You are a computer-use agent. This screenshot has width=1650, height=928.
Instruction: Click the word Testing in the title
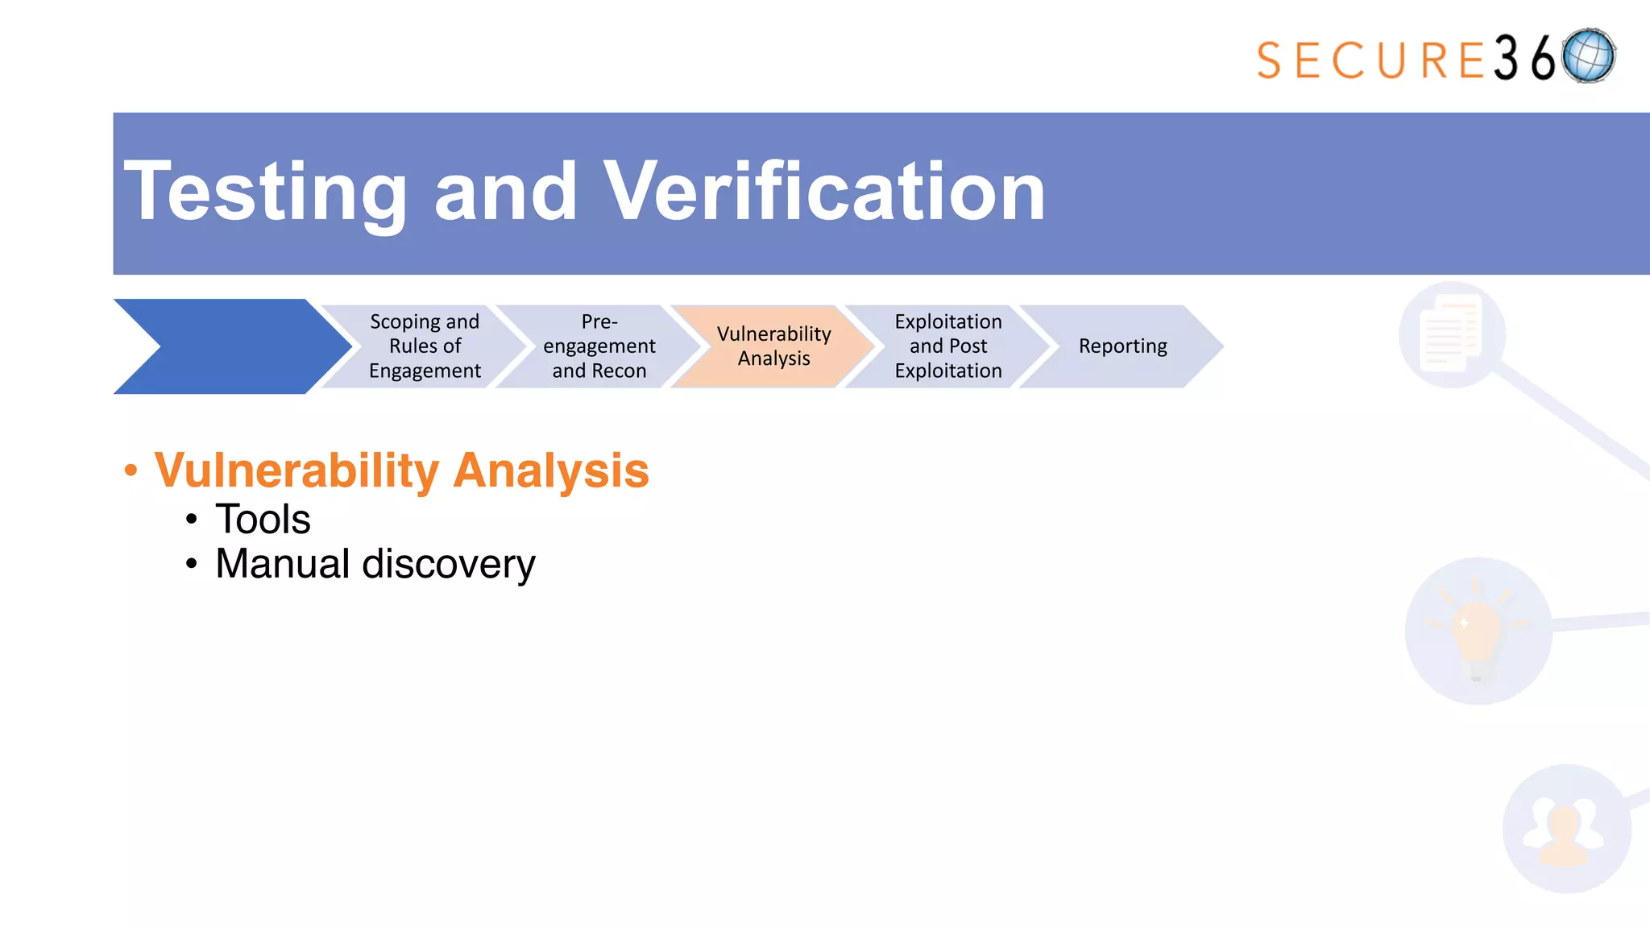coord(266,192)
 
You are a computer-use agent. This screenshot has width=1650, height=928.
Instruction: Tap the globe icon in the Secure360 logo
coord(1588,56)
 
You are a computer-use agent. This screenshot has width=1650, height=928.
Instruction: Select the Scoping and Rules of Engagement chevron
coord(425,346)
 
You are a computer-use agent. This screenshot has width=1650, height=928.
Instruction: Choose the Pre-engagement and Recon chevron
coord(599,346)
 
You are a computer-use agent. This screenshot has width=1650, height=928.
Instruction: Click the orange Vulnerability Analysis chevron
coord(773,346)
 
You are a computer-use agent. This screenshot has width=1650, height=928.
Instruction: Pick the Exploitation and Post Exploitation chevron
coord(948,346)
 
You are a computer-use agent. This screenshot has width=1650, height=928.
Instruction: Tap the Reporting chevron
coord(1122,346)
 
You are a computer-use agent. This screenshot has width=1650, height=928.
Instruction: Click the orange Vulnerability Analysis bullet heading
coord(401,470)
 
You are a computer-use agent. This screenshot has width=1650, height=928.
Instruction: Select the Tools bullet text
coord(263,519)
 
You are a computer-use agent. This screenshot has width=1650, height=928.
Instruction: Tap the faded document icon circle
coord(1452,334)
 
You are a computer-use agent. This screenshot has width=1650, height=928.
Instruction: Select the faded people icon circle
coord(1565,829)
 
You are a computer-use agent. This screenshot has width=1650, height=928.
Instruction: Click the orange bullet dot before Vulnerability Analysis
coord(131,470)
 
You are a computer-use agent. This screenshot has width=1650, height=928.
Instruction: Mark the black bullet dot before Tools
coord(191,520)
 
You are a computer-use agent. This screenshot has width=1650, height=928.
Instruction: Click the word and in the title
coord(505,192)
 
